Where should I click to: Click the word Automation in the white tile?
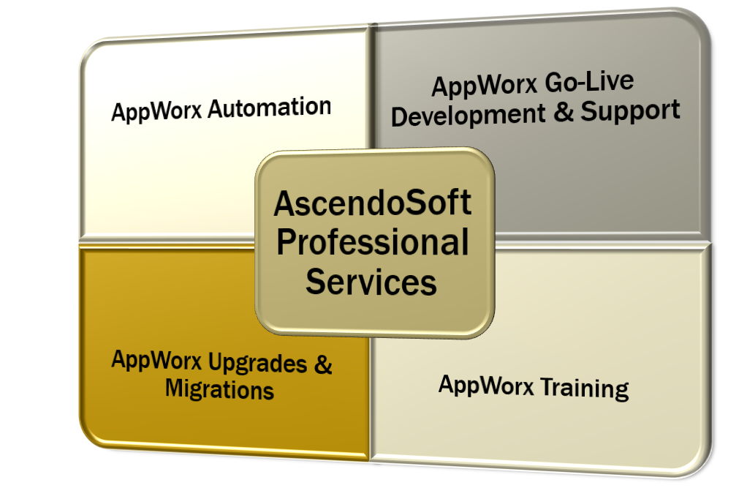[x=269, y=108]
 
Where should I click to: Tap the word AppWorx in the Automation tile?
[x=157, y=112]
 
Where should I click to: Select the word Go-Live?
[x=594, y=82]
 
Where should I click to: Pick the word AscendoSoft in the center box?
[x=373, y=203]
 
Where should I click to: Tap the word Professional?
[x=373, y=242]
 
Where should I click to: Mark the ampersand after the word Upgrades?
[x=322, y=364]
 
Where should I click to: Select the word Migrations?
[x=219, y=388]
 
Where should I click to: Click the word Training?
[x=584, y=387]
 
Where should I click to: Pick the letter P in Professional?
[x=286, y=242]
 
